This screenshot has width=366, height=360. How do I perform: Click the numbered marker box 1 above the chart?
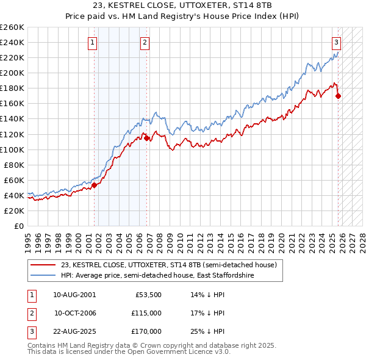(92, 43)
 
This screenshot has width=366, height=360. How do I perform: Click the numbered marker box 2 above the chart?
(145, 43)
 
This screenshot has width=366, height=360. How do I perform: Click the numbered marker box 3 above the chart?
(336, 43)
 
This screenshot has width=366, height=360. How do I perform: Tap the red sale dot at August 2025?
(339, 96)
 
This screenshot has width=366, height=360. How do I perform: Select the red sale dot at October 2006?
(147, 138)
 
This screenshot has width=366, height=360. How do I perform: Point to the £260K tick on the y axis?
(12, 27)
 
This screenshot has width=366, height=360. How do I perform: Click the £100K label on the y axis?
(12, 149)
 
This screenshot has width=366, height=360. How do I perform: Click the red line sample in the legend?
(43, 265)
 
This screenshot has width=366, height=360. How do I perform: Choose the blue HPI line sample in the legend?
(43, 276)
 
